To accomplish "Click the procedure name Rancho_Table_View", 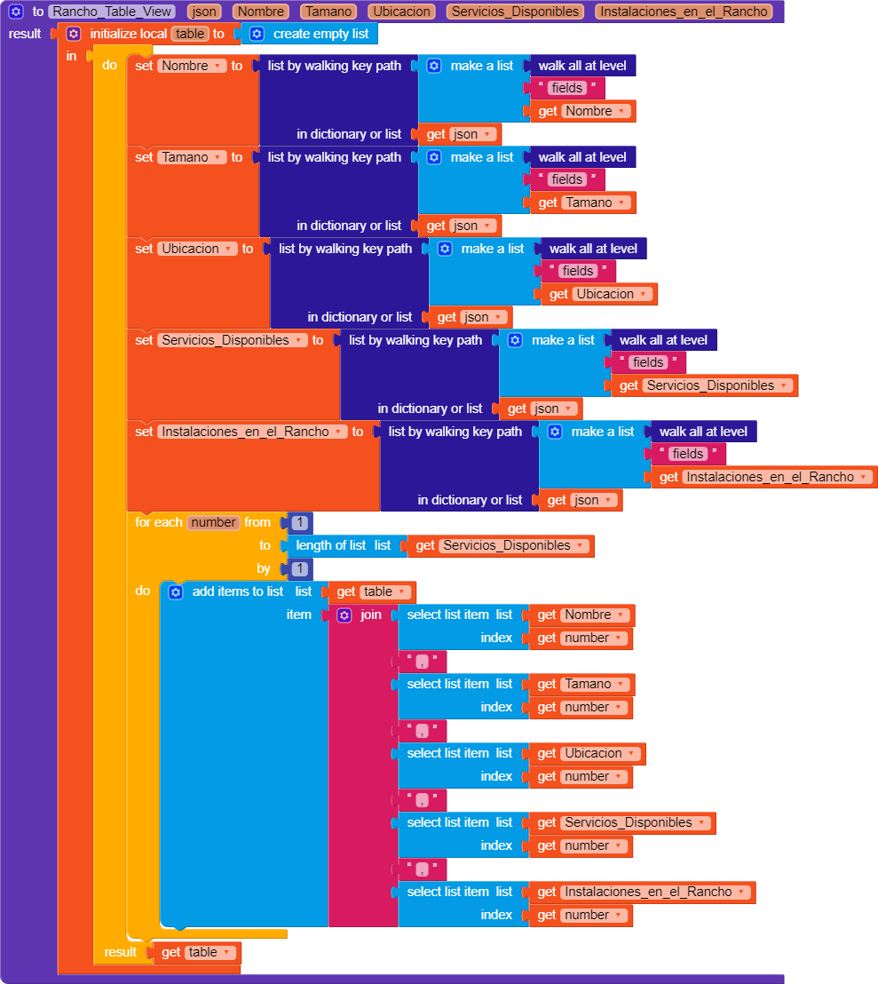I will pyautogui.click(x=112, y=12).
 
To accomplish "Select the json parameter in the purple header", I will pyautogui.click(x=205, y=12).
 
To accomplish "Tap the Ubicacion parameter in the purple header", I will pyautogui.click(x=402, y=12).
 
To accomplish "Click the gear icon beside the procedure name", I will pyautogui.click(x=16, y=12).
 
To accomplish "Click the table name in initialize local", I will pyautogui.click(x=190, y=34).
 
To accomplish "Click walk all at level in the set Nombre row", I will pyautogui.click(x=581, y=66).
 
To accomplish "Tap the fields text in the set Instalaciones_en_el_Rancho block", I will pyautogui.click(x=687, y=454).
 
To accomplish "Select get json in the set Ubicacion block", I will pyautogui.click(x=470, y=317).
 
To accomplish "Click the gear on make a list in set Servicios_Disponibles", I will pyautogui.click(x=515, y=340).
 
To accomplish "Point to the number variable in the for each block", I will pyautogui.click(x=213, y=522).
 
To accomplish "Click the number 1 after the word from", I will pyautogui.click(x=299, y=523).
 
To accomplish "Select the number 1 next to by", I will pyautogui.click(x=299, y=569).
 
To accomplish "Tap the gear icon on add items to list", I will pyautogui.click(x=176, y=591).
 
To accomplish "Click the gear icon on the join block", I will pyautogui.click(x=344, y=615).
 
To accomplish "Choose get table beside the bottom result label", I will pyautogui.click(x=196, y=952).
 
